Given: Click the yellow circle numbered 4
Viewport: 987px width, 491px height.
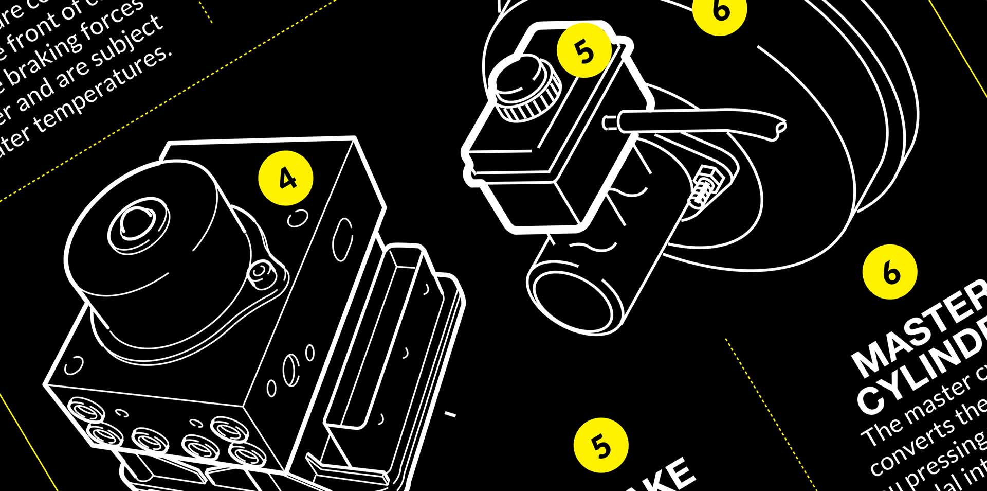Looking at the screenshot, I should [286, 178].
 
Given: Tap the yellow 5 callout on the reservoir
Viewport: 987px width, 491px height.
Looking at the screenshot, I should [584, 50].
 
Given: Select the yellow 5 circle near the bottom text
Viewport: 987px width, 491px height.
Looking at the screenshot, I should [601, 446].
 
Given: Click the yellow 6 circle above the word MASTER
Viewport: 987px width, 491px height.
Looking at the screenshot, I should [890, 272].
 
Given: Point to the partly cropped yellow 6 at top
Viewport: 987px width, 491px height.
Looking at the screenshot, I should [719, 10].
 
